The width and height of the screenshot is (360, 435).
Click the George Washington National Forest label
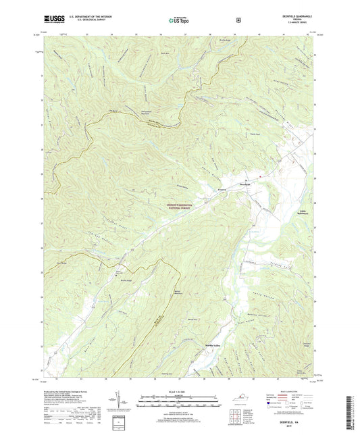click(179, 205)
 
